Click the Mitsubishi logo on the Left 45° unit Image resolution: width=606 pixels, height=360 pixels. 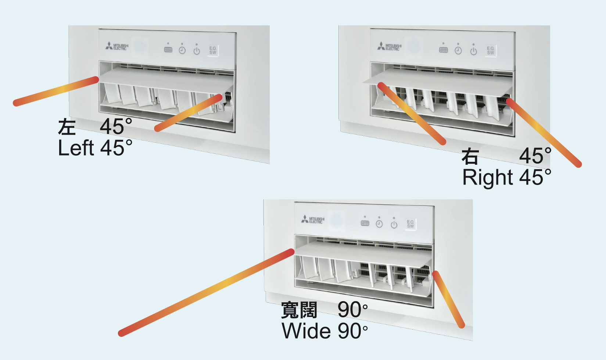click(117, 46)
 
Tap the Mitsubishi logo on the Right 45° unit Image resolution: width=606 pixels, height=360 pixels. click(389, 46)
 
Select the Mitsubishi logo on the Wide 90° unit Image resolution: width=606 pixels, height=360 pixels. click(313, 220)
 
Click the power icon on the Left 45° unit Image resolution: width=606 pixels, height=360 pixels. click(197, 51)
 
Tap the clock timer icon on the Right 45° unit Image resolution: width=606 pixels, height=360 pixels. click(458, 51)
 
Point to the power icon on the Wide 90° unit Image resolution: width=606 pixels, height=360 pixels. click(394, 224)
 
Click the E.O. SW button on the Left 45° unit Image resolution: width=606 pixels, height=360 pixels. click(213, 51)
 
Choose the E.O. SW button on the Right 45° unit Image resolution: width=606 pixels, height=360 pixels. click(491, 51)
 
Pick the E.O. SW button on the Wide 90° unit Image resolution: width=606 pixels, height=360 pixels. click(410, 224)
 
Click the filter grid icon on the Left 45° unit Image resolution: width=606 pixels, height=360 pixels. click(168, 50)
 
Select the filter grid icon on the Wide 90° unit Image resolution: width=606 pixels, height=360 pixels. click(365, 223)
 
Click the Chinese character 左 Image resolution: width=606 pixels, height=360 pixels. click(67, 126)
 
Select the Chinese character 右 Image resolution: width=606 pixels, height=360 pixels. click(470, 156)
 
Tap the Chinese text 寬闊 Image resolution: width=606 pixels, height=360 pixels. click(299, 310)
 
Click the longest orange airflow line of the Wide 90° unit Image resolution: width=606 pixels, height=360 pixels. click(206, 293)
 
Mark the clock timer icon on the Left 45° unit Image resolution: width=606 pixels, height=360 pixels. click(182, 50)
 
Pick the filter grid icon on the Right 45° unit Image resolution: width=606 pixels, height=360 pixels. click(444, 50)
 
